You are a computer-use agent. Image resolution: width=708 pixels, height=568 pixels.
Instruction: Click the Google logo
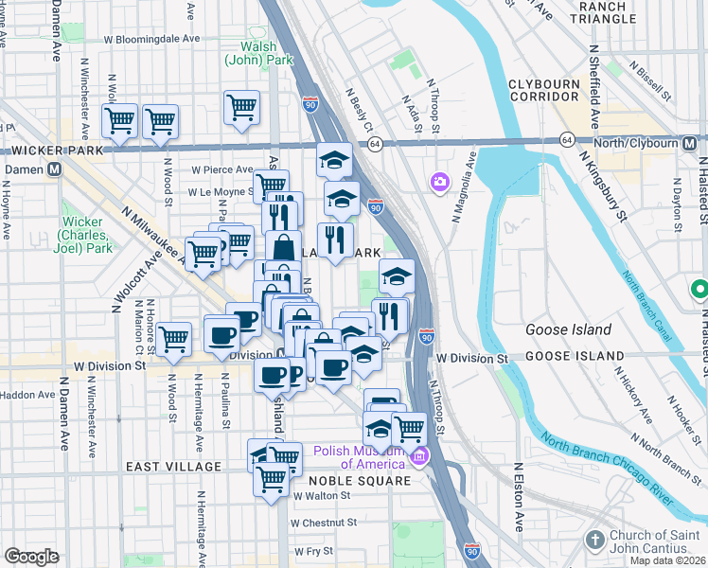(x=31, y=557)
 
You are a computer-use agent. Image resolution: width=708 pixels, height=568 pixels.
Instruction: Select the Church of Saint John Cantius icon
(x=594, y=539)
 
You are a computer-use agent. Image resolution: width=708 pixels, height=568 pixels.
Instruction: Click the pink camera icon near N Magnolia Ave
(x=440, y=181)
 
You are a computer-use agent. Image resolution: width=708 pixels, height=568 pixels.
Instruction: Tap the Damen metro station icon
(x=55, y=169)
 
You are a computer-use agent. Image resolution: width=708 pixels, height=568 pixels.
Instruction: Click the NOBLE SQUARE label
(x=360, y=481)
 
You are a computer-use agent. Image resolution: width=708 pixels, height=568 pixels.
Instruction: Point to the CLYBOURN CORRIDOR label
(x=543, y=90)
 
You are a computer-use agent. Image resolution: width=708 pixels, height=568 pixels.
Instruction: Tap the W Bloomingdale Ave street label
(x=151, y=40)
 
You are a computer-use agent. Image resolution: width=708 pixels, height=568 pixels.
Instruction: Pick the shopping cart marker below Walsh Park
(x=242, y=106)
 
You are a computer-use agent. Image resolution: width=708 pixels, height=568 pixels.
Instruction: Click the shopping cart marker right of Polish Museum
(x=408, y=429)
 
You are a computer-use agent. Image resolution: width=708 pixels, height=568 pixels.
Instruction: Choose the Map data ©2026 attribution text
(x=667, y=560)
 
